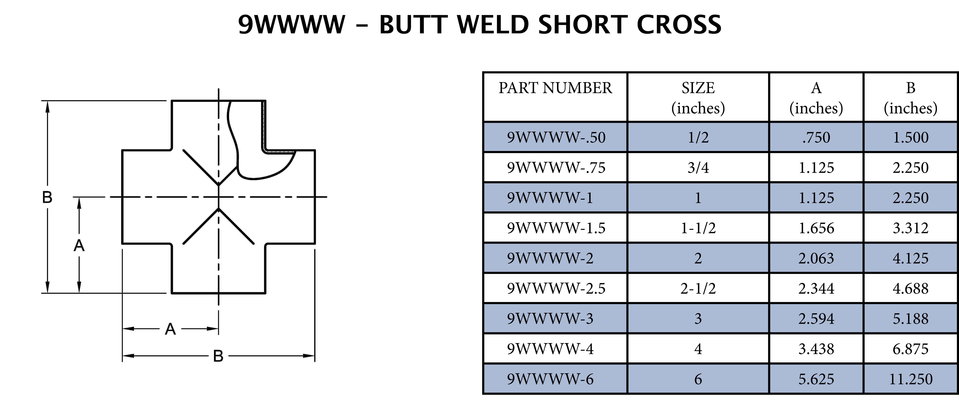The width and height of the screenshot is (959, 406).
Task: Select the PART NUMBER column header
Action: click(555, 88)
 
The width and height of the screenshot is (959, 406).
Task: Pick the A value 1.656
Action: click(816, 228)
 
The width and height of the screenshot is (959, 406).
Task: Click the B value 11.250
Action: click(911, 379)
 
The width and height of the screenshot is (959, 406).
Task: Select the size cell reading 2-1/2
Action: click(698, 288)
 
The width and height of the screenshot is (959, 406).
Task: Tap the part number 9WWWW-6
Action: click(550, 379)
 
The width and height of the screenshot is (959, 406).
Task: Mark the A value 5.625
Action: click(816, 379)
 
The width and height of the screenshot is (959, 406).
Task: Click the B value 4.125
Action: click(911, 258)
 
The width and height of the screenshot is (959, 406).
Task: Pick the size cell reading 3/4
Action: click(698, 167)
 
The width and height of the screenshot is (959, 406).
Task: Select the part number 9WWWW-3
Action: click(550, 319)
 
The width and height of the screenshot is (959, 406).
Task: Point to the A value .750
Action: click(816, 137)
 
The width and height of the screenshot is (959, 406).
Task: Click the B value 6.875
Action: click(911, 349)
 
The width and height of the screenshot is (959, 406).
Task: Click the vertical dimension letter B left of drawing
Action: click(47, 197)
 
